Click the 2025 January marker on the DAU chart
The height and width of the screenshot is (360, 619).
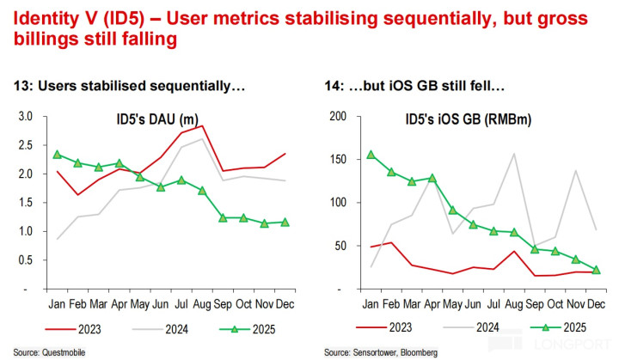coord(58,155)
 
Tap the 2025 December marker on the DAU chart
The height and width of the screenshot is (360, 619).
coord(285,223)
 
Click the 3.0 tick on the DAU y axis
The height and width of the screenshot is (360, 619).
coord(26,116)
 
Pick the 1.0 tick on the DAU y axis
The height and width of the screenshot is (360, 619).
coord(26,231)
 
